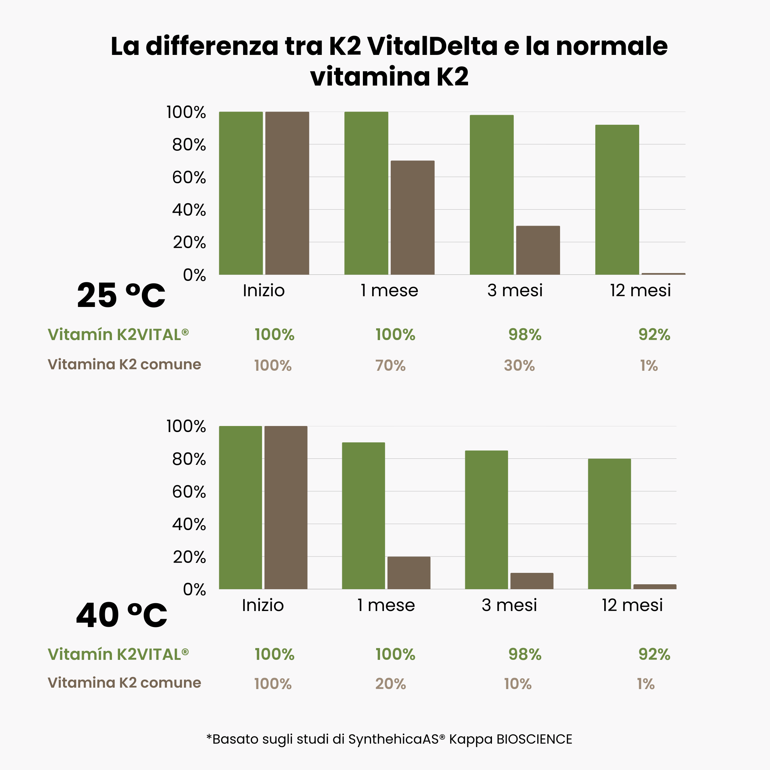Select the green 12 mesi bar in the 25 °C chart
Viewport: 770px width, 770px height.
coord(617,200)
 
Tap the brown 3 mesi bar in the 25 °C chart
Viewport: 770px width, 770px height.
coord(538,250)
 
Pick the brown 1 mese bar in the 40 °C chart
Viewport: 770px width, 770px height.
coord(409,573)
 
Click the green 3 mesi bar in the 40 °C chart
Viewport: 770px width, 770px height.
coord(486,520)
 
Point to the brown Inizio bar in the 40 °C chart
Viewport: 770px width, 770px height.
coord(286,507)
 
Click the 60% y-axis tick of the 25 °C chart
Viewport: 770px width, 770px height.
coord(189,178)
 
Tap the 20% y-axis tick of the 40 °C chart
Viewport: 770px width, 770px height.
coord(189,557)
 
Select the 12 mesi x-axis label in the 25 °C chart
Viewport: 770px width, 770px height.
coord(640,291)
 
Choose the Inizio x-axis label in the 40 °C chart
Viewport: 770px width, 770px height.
coord(263,605)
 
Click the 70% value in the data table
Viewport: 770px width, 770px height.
coord(390,365)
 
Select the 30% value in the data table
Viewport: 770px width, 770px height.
coord(519,365)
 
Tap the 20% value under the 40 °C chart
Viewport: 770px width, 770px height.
coord(390,684)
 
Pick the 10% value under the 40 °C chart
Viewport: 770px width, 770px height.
coord(517,684)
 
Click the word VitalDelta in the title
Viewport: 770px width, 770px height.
coord(432,46)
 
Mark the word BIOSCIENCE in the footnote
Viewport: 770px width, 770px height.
coord(534,739)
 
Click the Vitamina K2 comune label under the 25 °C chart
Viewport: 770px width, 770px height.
coord(124,364)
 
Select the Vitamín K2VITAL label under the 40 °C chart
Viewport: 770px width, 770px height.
coord(118,654)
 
